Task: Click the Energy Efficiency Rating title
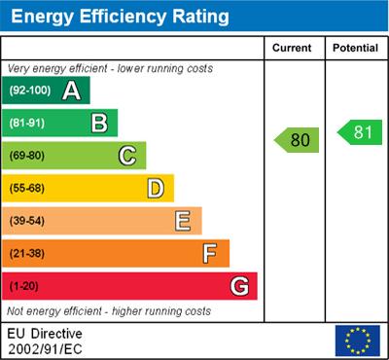119,17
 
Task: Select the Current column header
292,48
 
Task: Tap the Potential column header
355,48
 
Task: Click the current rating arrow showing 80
297,139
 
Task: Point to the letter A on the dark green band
71,91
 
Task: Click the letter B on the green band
99,123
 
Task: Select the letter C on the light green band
127,155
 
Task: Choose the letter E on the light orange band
183,221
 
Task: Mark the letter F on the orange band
210,253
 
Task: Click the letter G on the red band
239,286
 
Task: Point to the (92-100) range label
30,91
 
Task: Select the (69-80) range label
28,156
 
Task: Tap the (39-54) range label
28,221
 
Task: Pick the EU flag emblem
357,340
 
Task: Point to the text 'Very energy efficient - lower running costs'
110,69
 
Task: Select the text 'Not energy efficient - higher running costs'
109,311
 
